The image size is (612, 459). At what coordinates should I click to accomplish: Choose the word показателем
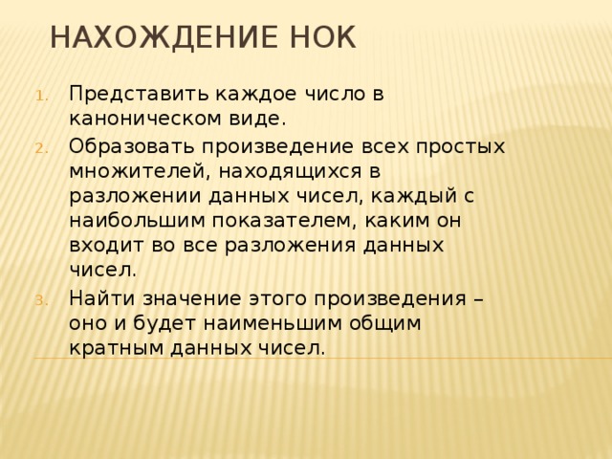tap(270, 220)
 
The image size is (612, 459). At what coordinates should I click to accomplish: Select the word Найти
tap(97, 297)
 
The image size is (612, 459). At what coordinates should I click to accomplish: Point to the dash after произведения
tap(475, 297)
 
